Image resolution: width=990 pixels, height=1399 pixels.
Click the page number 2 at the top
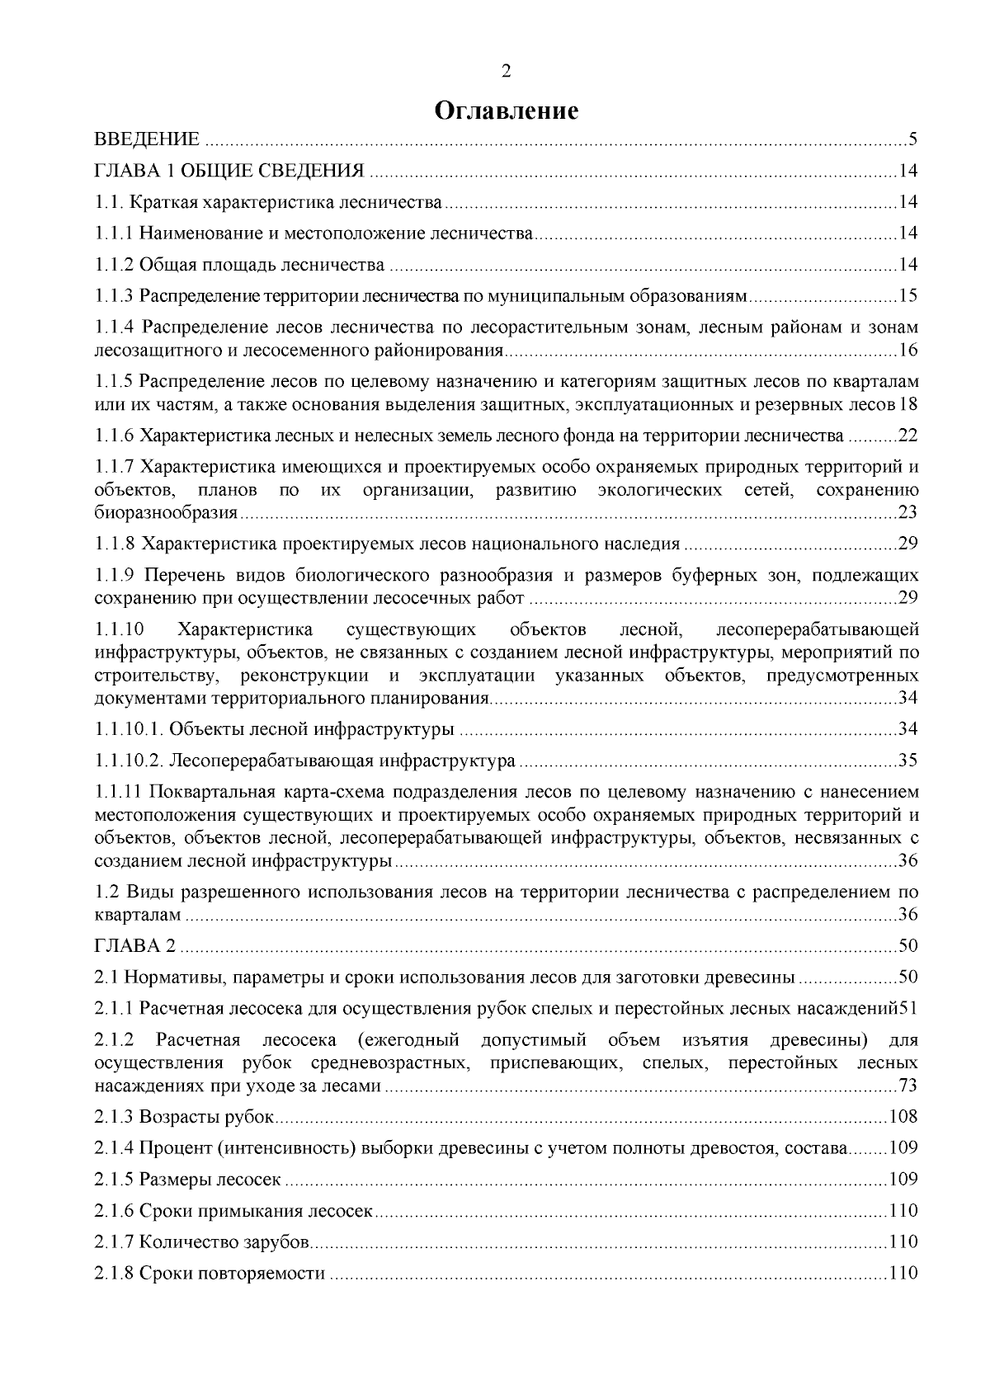pos(507,73)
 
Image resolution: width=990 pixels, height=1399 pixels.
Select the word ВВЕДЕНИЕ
pos(147,138)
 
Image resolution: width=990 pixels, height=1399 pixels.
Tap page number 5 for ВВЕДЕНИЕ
pos(913,138)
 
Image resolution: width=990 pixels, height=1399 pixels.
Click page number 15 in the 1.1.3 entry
pos(907,295)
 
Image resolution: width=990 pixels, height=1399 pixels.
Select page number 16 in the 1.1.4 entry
pos(907,351)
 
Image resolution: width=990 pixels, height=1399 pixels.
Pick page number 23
pos(907,513)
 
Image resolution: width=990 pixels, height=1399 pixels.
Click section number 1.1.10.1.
pos(125,729)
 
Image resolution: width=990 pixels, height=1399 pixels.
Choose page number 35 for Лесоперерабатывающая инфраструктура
pos(907,760)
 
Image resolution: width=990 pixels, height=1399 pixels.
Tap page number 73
pos(907,1086)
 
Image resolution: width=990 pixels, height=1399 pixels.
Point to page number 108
pos(903,1118)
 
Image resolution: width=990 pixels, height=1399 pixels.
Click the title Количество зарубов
pos(224,1242)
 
